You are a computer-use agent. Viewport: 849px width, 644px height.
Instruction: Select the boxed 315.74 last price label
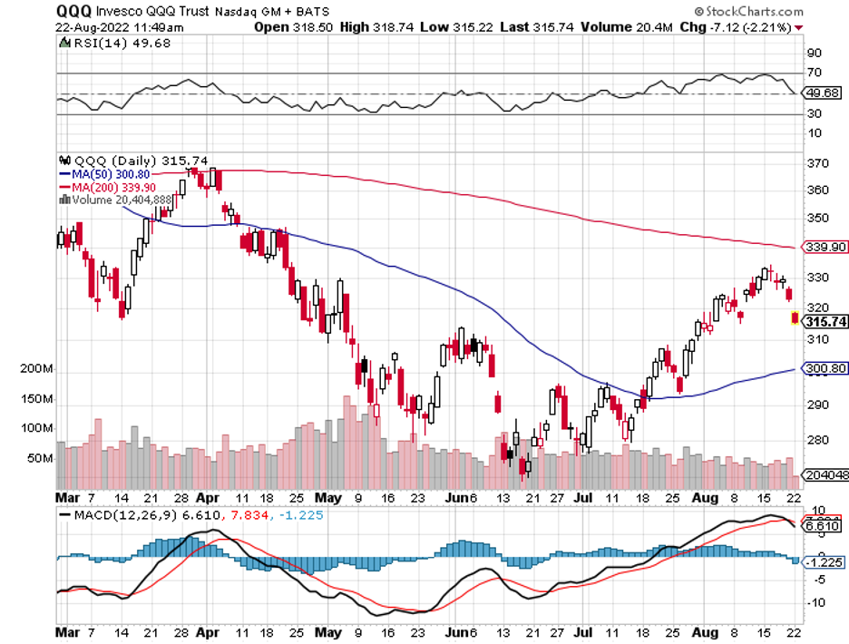tap(824, 322)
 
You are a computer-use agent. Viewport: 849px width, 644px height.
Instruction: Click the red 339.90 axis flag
tap(825, 247)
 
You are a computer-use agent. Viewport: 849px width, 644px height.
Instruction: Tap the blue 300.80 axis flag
tap(825, 369)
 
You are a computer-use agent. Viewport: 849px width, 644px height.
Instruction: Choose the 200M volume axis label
tap(36, 370)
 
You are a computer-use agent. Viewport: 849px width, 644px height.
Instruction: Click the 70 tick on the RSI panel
tap(814, 73)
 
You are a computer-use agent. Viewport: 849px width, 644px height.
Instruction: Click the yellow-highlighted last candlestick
tap(795, 317)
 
